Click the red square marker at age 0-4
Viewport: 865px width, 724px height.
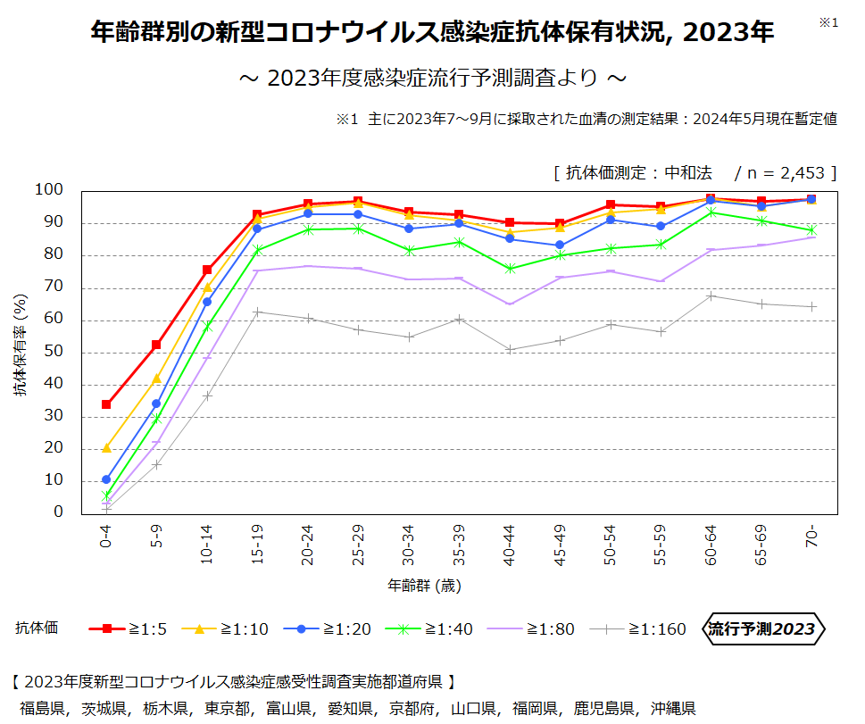(x=106, y=404)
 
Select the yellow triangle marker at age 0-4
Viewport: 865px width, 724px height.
(x=106, y=447)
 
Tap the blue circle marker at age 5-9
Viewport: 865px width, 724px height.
(x=156, y=404)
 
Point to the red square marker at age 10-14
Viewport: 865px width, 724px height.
(x=207, y=270)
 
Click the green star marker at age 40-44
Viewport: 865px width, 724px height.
(x=510, y=269)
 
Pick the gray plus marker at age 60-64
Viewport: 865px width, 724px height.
(x=711, y=295)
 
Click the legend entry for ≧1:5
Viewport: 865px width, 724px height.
(x=129, y=629)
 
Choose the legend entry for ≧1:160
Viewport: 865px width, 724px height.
(x=638, y=629)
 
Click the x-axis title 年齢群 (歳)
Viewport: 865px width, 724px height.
(x=425, y=587)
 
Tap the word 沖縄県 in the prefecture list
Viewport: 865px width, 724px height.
(x=673, y=709)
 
